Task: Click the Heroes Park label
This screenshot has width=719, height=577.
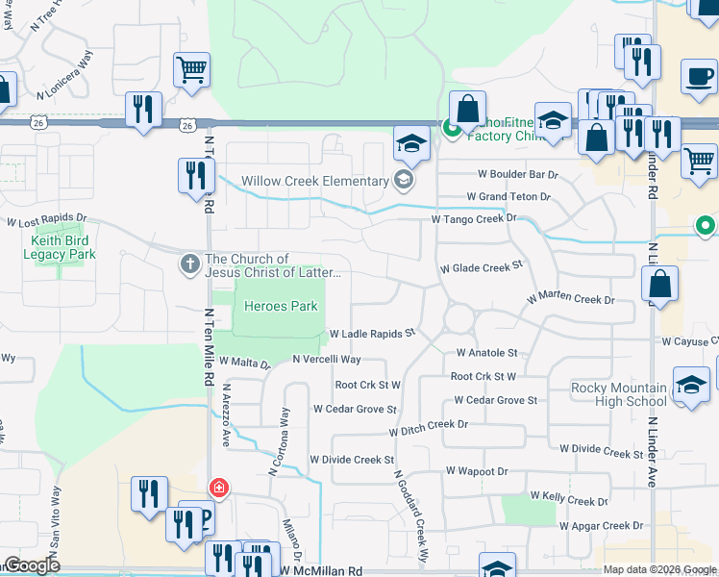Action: (x=281, y=307)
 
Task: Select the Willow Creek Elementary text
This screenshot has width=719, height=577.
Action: (x=313, y=181)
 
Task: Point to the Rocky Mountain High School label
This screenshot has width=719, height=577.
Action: (x=618, y=394)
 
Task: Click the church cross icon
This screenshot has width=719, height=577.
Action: (x=190, y=262)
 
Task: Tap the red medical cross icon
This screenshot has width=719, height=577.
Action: (x=219, y=488)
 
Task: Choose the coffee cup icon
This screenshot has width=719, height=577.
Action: (x=699, y=77)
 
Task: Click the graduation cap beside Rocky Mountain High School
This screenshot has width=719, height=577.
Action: (x=690, y=386)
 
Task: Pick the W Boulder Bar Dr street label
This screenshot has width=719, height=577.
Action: (x=518, y=175)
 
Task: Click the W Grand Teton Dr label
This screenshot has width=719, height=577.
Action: (x=508, y=197)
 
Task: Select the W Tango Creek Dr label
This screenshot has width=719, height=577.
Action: (x=474, y=219)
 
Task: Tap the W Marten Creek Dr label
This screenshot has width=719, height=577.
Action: (x=570, y=300)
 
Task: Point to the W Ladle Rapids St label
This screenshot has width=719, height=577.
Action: (x=371, y=334)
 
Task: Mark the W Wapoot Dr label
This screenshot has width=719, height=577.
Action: (x=476, y=471)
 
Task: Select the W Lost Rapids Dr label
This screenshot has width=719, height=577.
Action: (x=46, y=222)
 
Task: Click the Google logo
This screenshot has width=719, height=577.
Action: (x=32, y=565)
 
